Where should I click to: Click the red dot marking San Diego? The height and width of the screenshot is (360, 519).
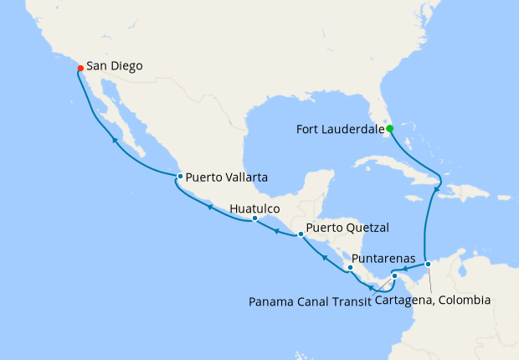click(80, 67)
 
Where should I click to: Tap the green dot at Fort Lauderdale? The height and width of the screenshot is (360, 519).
click(390, 128)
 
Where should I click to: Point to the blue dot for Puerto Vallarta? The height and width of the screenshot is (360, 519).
click(180, 176)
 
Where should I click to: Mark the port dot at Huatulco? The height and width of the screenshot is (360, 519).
click(255, 219)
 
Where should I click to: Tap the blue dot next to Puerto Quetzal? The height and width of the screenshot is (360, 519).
click(301, 234)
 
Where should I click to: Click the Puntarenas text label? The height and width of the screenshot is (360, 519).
click(385, 259)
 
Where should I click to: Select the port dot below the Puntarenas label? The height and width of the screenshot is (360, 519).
click(351, 268)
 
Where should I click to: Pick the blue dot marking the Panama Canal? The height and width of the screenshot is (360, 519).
click(394, 275)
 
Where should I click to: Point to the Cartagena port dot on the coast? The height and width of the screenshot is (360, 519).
click(428, 265)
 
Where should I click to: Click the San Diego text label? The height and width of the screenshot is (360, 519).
click(115, 65)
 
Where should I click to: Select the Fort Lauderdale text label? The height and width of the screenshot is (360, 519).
click(340, 129)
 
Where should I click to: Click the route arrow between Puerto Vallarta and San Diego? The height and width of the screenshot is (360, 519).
click(115, 141)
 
